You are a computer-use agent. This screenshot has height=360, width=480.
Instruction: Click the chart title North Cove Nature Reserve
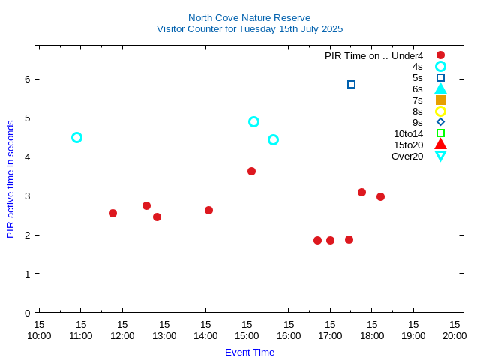pyautogui.click(x=249, y=17)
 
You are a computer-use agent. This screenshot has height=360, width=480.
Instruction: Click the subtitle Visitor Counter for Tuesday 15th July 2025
pyautogui.click(x=249, y=29)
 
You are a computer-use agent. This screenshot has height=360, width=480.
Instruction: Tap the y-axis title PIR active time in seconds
pyautogui.click(x=10, y=179)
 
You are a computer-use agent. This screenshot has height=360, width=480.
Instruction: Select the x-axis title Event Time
pyautogui.click(x=249, y=352)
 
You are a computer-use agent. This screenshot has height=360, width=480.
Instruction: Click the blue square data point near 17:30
pyautogui.click(x=351, y=84)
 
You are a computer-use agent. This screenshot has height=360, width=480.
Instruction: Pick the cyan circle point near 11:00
pyautogui.click(x=76, y=137)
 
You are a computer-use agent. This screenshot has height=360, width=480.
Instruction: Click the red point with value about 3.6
pyautogui.click(x=251, y=171)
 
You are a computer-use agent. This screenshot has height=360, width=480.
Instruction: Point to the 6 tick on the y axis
pyautogui.click(x=27, y=79)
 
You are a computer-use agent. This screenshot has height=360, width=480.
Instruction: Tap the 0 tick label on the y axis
pyautogui.click(x=27, y=313)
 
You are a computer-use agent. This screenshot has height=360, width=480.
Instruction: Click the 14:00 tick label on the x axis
pyautogui.click(x=205, y=335)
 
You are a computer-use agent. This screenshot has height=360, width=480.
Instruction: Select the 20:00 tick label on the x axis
pyautogui.click(x=454, y=335)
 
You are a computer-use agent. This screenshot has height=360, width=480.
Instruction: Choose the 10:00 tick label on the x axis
pyautogui.click(x=39, y=335)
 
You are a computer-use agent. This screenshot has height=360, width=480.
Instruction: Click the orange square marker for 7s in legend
pyautogui.click(x=440, y=100)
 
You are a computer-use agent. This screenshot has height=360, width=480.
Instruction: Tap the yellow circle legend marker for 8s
pyautogui.click(x=440, y=111)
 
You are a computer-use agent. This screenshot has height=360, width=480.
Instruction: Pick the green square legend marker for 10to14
pyautogui.click(x=440, y=133)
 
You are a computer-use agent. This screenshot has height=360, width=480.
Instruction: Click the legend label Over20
pyautogui.click(x=407, y=156)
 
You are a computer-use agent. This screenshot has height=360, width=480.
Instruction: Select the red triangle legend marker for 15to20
pyautogui.click(x=440, y=145)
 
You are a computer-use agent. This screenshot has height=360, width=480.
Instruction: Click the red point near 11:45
pyautogui.click(x=112, y=213)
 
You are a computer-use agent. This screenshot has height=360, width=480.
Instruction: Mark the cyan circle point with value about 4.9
pyautogui.click(x=253, y=121)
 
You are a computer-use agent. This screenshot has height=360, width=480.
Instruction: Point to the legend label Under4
pyautogui.click(x=409, y=55)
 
